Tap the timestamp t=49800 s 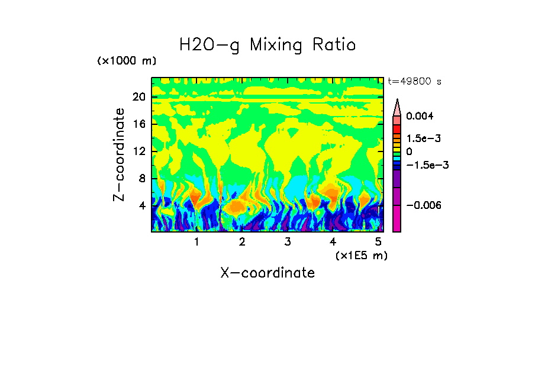tap(414, 81)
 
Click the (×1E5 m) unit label tap(361, 255)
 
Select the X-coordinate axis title tap(267, 273)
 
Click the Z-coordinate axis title tap(120, 154)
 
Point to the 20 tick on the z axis tap(139, 96)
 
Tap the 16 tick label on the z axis tap(139, 124)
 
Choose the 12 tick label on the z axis tap(139, 151)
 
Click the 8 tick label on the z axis tap(142, 178)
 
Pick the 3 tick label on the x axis tap(287, 241)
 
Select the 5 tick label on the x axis tap(378, 241)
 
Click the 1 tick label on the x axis tap(196, 241)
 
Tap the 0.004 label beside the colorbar tap(420, 116)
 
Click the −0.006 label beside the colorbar tap(424, 205)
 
